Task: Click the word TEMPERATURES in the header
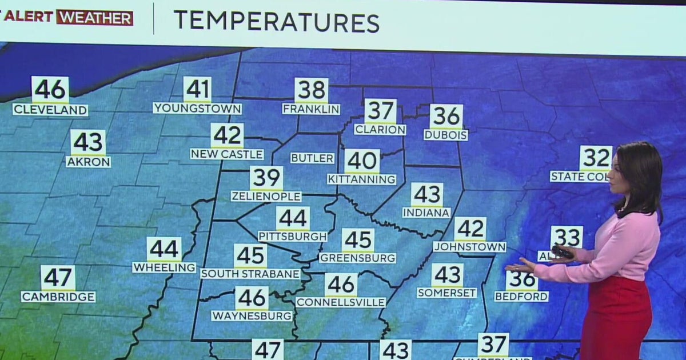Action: [x=276, y=21]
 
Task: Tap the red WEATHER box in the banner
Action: [x=94, y=18]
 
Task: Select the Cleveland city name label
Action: [x=50, y=110]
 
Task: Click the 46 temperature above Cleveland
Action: [x=50, y=90]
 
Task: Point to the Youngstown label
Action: [x=197, y=108]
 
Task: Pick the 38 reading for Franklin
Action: [x=312, y=90]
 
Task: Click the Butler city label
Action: [x=312, y=158]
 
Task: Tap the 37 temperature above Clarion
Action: [x=380, y=111]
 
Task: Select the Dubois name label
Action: [x=446, y=135]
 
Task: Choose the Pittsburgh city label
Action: [x=293, y=236]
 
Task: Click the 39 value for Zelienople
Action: [x=266, y=178]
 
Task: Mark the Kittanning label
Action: [x=362, y=179]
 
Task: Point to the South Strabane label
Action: [x=250, y=274]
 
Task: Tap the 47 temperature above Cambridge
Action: [x=58, y=278]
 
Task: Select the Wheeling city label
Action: [x=164, y=267]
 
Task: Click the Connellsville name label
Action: [x=341, y=302]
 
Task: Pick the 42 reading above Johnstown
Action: [x=470, y=229]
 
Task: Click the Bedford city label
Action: [x=521, y=296]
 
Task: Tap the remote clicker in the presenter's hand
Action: [x=562, y=252]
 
